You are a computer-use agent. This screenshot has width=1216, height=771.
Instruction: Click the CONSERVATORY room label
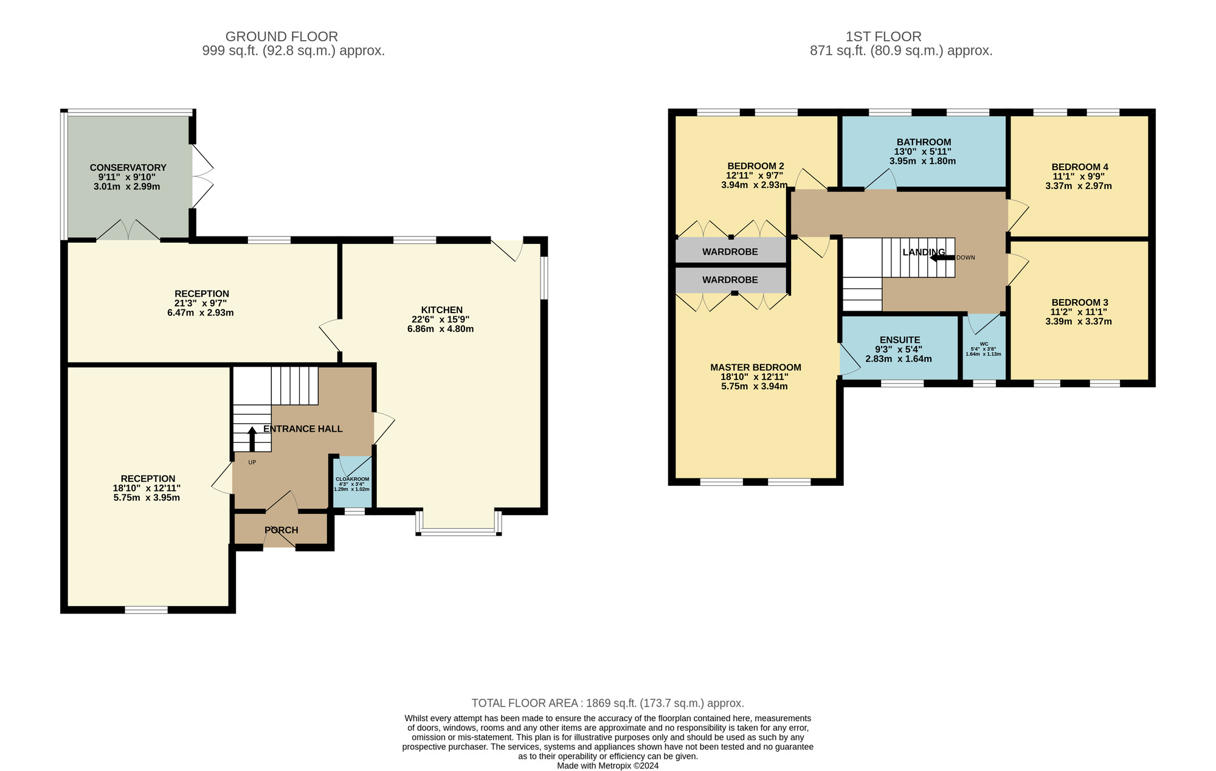point(128,167)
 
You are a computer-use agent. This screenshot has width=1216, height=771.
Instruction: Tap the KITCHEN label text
point(442,309)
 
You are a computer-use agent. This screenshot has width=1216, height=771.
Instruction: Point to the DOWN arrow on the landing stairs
point(942,257)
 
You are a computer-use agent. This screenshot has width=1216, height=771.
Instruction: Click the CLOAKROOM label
point(353,479)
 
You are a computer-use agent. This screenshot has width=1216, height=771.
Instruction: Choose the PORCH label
point(282,530)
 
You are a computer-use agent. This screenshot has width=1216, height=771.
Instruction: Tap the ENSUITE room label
point(900,340)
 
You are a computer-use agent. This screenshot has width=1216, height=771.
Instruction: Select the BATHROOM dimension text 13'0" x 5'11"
point(922,151)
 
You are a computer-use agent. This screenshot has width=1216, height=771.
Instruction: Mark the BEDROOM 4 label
point(1080,167)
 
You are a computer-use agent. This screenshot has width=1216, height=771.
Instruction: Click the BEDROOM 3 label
point(1080,302)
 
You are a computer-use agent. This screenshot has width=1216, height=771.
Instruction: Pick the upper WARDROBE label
point(730,251)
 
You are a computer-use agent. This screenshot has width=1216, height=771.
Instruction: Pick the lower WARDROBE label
point(730,280)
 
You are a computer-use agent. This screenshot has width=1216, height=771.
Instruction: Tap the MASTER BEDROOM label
point(756,367)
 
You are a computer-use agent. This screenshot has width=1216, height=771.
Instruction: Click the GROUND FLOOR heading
point(282,36)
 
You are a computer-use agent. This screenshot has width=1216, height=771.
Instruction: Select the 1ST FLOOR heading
point(883,36)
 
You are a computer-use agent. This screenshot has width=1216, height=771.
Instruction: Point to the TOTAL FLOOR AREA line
point(608,704)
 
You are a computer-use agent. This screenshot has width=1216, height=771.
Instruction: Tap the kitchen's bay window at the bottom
point(459,532)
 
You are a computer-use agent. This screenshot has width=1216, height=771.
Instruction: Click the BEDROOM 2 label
point(756,166)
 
